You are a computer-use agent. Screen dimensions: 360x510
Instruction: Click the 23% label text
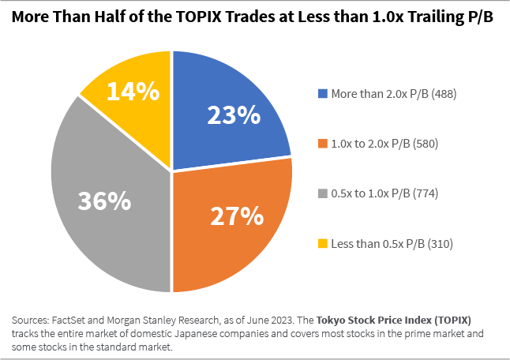[233, 115]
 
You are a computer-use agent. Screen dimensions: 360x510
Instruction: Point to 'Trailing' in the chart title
[426, 18]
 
